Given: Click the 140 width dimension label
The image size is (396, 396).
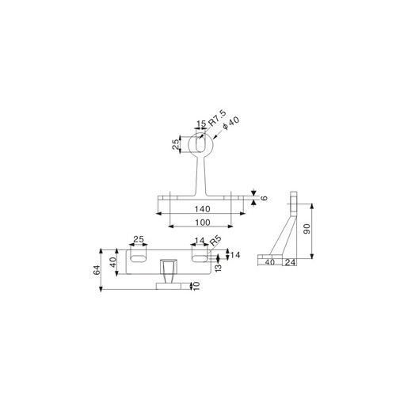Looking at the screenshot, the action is pos(203,209).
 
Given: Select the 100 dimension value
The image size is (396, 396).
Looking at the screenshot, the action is pos(203,223).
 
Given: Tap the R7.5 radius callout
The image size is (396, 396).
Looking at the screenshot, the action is pos(218,118).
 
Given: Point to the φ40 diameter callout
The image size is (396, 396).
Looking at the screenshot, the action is pos(231,123).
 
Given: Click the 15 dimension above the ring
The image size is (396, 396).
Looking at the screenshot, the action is pos(201,124).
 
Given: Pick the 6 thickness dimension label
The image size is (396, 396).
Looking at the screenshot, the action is pos(265,198).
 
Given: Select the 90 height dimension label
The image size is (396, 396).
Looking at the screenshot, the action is pos(307,229).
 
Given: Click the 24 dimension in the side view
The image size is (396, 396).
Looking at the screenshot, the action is pos(290,262).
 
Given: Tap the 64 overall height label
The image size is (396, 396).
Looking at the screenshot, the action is pos(97,270).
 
